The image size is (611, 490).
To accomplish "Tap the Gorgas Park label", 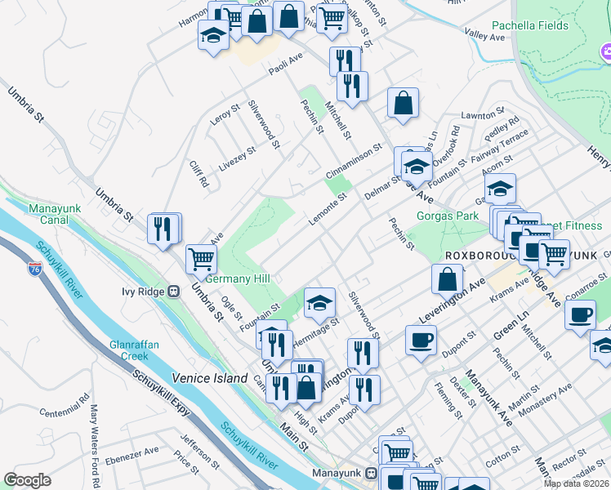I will pyautogui.click(x=447, y=216).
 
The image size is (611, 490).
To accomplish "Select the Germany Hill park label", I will pyautogui.click(x=238, y=278).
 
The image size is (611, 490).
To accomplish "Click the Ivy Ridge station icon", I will pyautogui.click(x=173, y=292).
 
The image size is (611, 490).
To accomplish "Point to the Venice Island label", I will pyautogui.click(x=209, y=379).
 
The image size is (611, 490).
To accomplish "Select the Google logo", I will pyautogui.click(x=27, y=480).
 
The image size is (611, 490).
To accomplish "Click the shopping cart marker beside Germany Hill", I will pyautogui.click(x=200, y=259).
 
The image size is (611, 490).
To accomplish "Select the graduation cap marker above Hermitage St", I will pyautogui.click(x=319, y=304).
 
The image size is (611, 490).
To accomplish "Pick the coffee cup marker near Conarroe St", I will pyautogui.click(x=581, y=314).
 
